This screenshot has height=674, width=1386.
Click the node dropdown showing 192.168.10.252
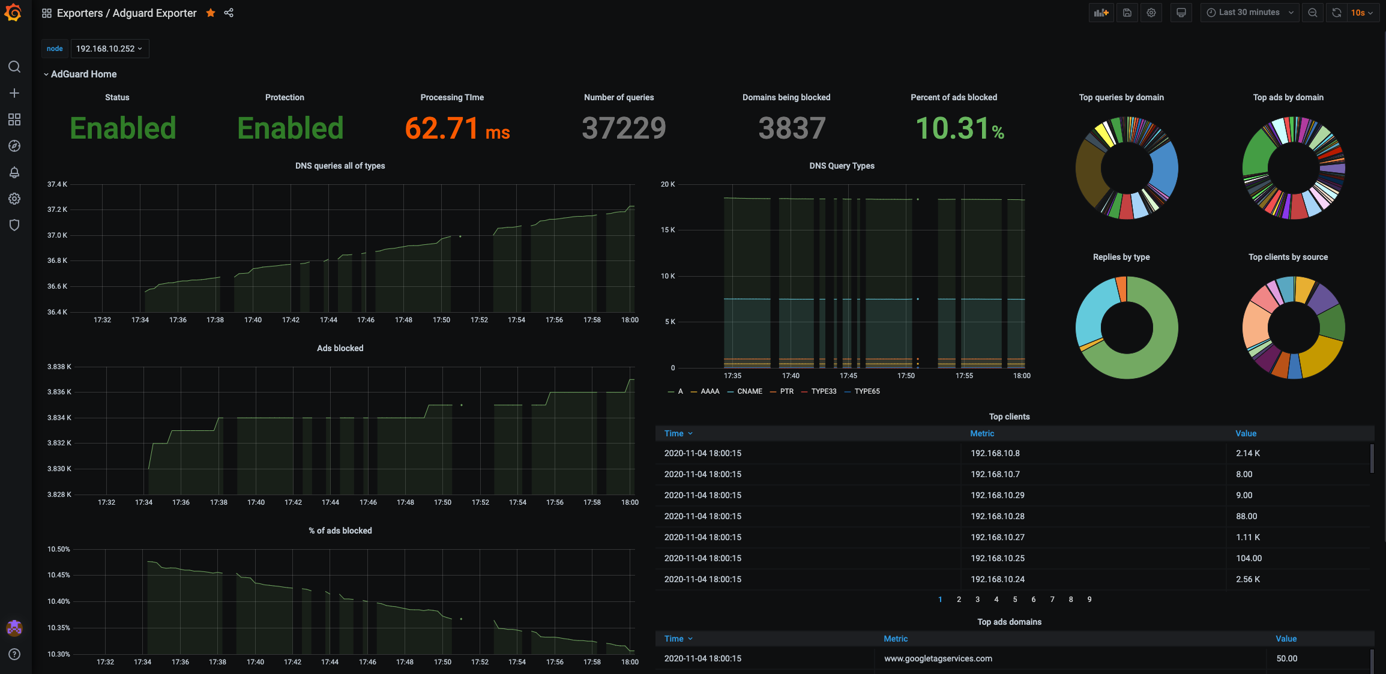tap(109, 49)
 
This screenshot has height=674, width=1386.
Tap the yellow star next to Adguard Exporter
tap(211, 13)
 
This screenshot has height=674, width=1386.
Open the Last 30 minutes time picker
tap(1250, 13)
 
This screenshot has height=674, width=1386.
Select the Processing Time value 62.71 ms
tap(457, 128)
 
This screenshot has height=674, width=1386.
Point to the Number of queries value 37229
tap(624, 128)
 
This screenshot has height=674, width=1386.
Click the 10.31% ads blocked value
tap(959, 128)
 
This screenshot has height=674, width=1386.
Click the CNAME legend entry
tap(749, 391)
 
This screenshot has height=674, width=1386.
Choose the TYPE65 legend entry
tap(867, 391)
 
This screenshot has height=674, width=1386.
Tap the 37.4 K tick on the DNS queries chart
tap(57, 184)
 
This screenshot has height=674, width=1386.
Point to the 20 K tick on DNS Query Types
tap(667, 184)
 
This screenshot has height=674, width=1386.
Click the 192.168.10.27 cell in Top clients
tap(997, 537)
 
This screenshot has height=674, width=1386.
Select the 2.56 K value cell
tap(1248, 579)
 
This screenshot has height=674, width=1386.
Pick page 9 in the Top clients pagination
tap(1089, 600)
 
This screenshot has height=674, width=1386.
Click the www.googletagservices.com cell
tap(938, 658)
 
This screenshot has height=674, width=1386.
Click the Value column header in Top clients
tap(1246, 433)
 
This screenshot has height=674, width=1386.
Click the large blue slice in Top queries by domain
tap(1165, 168)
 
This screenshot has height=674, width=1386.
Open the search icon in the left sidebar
tap(14, 67)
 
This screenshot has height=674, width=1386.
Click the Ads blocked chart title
tap(340, 348)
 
